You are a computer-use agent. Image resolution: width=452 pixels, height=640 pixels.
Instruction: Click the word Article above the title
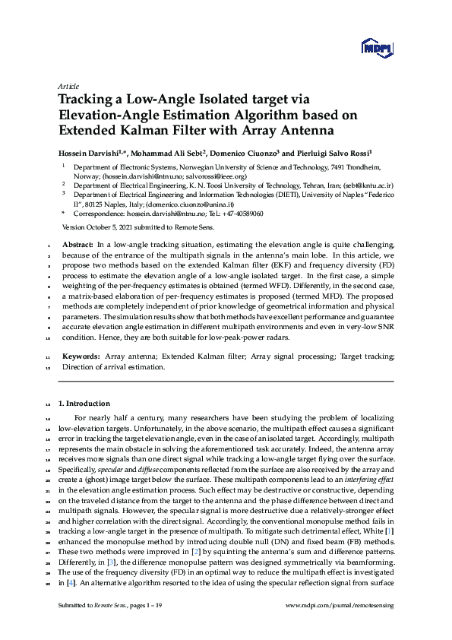68,87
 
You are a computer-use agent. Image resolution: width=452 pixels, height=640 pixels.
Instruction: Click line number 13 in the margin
49,404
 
